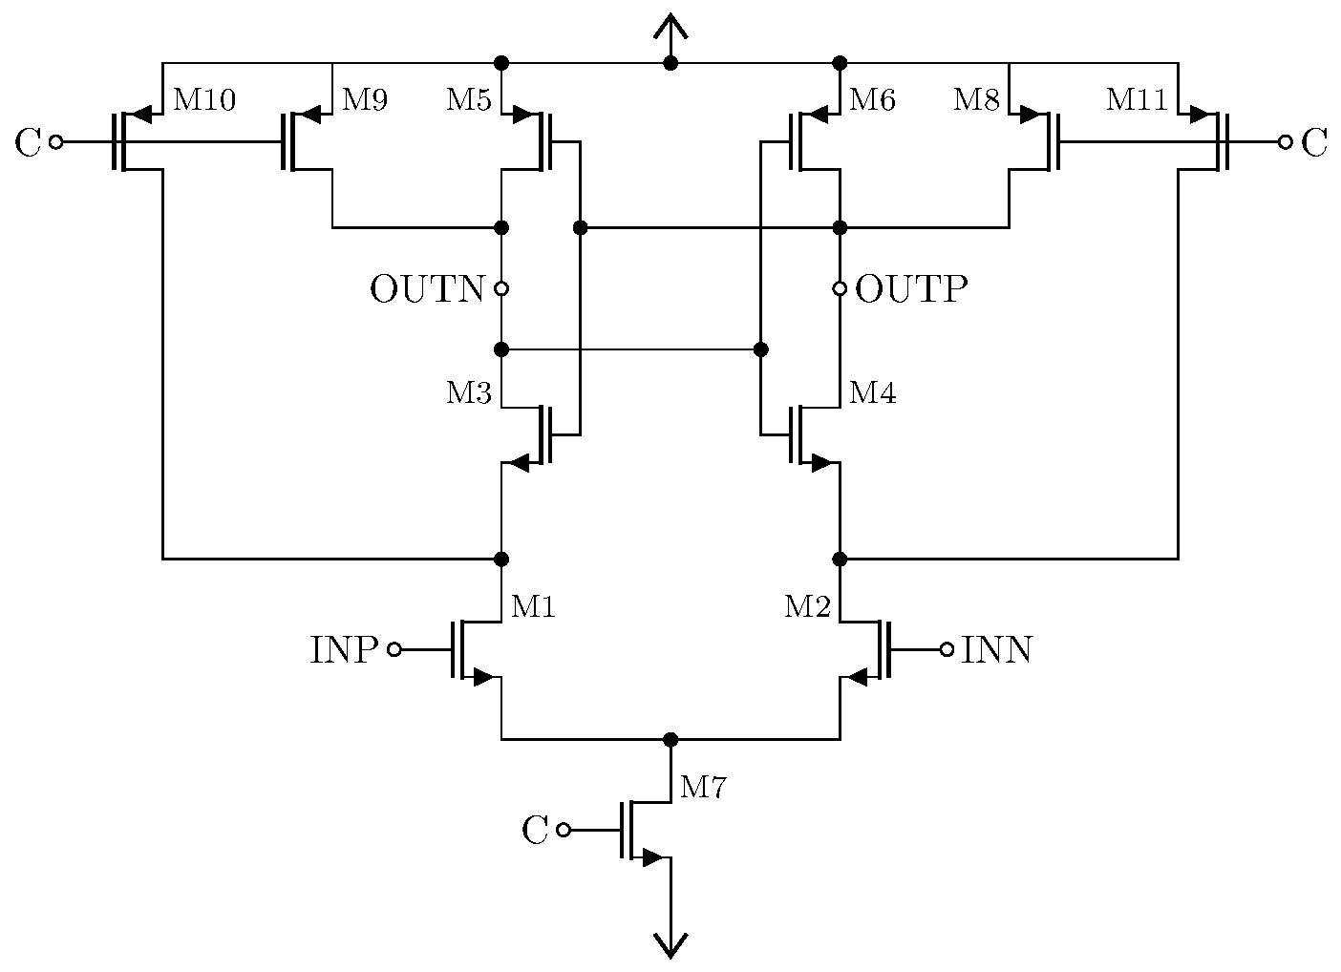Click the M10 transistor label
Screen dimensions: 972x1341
point(203,100)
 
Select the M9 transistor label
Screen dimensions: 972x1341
point(364,100)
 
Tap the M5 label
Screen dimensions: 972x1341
point(469,100)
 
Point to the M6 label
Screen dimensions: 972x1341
point(872,100)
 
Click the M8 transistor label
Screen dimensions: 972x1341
point(976,100)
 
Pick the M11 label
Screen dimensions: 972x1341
point(1137,100)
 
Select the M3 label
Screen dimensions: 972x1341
point(469,393)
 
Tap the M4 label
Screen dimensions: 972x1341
point(872,392)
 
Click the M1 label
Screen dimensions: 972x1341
point(533,606)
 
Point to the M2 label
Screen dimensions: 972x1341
point(807,606)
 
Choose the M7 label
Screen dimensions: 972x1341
point(703,788)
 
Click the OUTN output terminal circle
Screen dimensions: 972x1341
point(500,288)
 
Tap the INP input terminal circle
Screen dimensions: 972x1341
point(394,649)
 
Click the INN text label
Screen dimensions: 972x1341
point(996,650)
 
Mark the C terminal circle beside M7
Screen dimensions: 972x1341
point(564,830)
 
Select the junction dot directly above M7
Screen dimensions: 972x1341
point(670,739)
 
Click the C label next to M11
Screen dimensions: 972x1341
point(1315,143)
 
